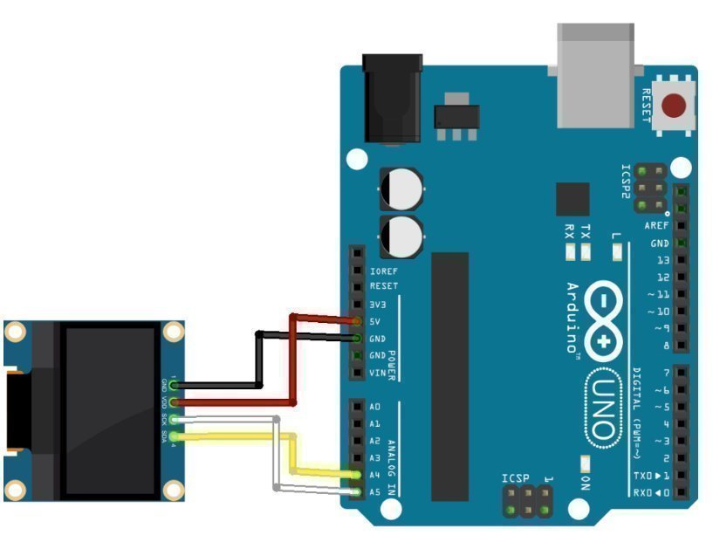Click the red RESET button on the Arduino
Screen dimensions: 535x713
pyautogui.click(x=673, y=106)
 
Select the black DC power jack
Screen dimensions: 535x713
pyautogui.click(x=392, y=97)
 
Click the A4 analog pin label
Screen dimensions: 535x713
pyautogui.click(x=374, y=475)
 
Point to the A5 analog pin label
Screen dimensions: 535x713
pyautogui.click(x=374, y=491)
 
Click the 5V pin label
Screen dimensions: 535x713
pyautogui.click(x=377, y=321)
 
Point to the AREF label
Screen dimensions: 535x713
pyautogui.click(x=656, y=225)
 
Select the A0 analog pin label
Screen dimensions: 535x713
pyautogui.click(x=374, y=408)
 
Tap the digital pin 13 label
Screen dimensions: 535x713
pyautogui.click(x=662, y=260)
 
